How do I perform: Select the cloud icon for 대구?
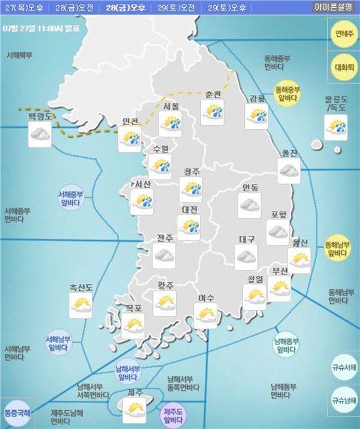[247, 259]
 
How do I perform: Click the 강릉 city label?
[257, 99]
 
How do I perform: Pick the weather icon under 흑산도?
[81, 305]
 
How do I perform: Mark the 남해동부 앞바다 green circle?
[287, 344]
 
